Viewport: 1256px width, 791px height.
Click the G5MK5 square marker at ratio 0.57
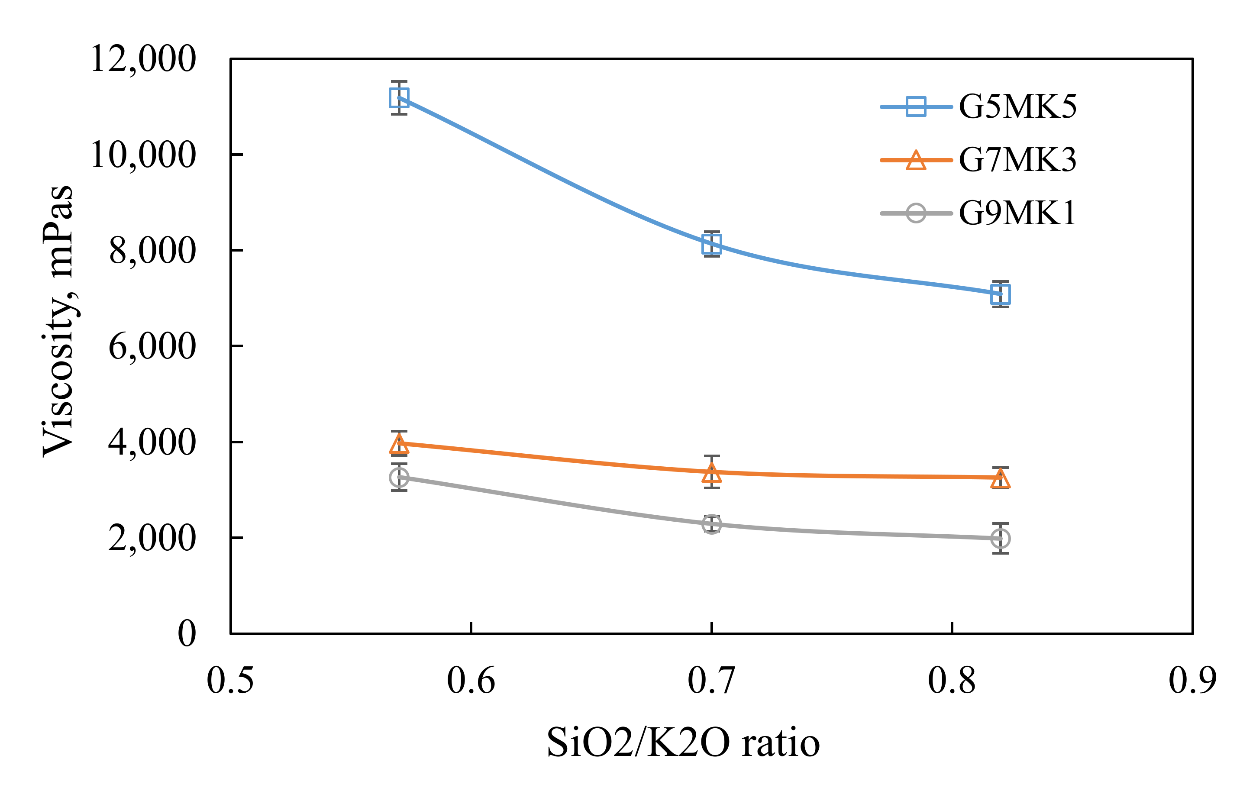point(399,97)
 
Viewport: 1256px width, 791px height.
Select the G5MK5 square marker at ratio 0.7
point(711,243)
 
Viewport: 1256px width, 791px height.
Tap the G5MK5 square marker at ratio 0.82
point(1000,294)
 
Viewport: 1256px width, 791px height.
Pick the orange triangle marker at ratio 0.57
point(399,444)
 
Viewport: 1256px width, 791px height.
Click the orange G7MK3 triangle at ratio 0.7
point(711,473)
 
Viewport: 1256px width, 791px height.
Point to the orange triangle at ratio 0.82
point(1000,478)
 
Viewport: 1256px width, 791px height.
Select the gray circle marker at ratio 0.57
point(399,477)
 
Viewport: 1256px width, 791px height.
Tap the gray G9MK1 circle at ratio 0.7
point(711,524)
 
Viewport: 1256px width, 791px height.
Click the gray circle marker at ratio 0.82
point(1000,538)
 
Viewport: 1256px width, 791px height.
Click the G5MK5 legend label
point(1017,107)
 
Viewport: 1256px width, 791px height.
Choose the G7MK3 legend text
point(1017,160)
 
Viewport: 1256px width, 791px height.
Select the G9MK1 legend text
point(1017,213)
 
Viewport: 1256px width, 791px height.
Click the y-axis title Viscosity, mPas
point(58,321)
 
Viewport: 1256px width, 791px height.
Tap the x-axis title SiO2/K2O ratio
point(683,743)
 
